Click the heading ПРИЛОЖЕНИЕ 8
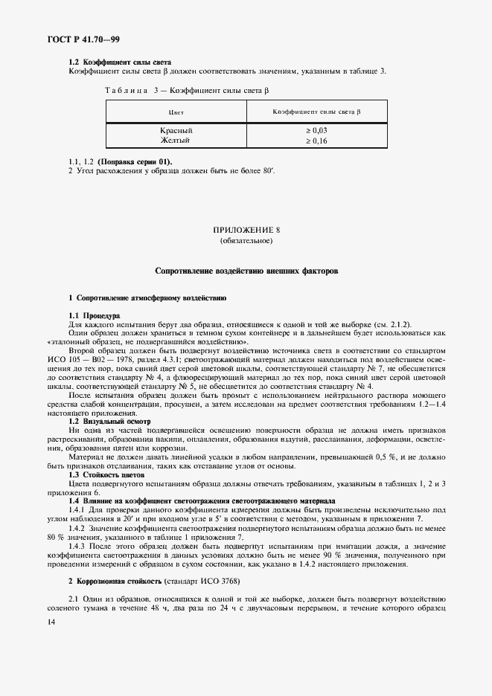[246, 231]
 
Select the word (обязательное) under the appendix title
[246, 241]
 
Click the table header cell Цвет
[176, 112]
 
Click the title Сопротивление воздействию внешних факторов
[246, 272]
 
